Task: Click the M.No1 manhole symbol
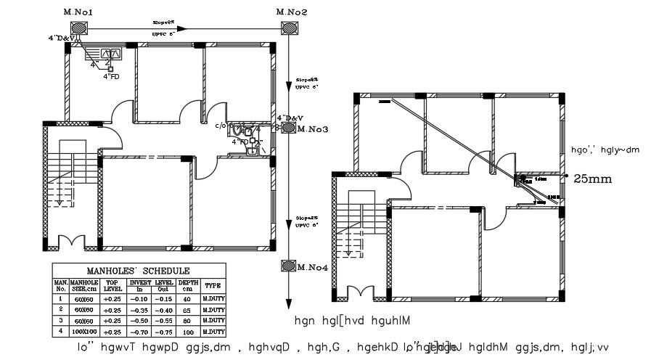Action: click(x=78, y=28)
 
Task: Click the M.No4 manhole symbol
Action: click(x=289, y=266)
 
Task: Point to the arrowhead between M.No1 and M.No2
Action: click(x=183, y=29)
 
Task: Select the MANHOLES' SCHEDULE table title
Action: click(x=139, y=269)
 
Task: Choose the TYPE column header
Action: click(x=212, y=285)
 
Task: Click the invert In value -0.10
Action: click(x=139, y=298)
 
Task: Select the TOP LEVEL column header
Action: click(x=112, y=285)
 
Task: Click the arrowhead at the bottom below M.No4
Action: click(x=289, y=303)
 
